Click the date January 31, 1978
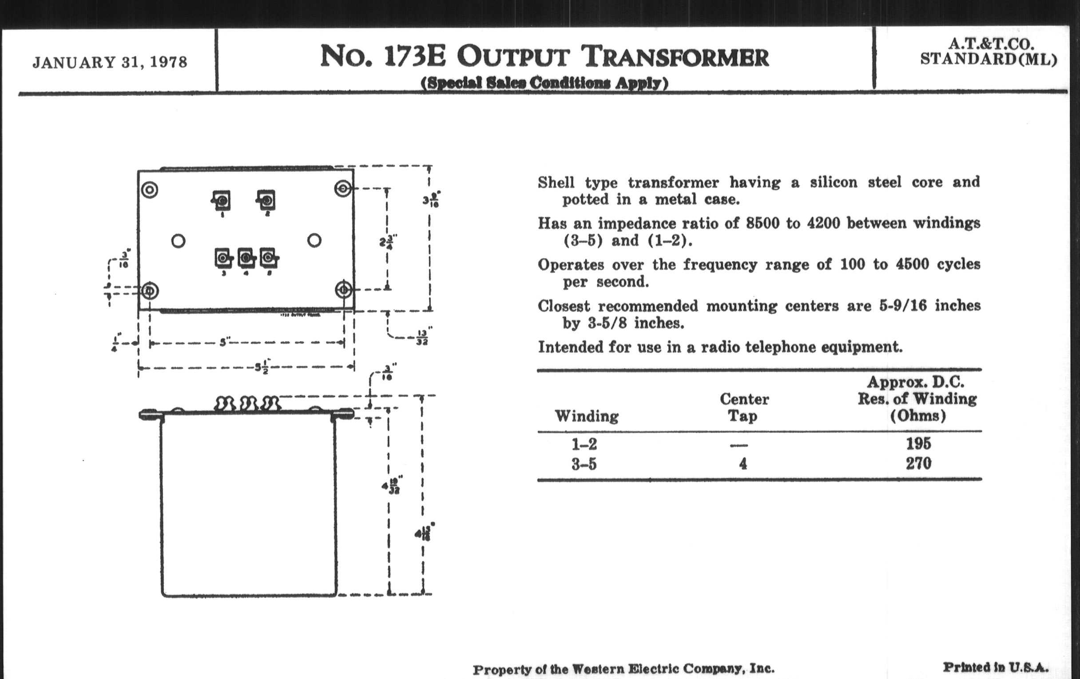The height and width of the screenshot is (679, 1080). coord(110,62)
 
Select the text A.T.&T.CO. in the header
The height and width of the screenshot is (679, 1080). coord(991,44)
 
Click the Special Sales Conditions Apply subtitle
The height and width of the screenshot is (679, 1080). coord(544,83)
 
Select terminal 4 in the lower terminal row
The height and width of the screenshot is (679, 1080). coord(246,258)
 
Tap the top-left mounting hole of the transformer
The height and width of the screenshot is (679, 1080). coord(150,190)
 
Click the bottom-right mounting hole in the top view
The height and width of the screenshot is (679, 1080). coord(344,290)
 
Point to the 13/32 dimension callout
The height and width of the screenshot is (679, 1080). coord(422,337)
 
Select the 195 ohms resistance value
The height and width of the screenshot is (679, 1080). coord(918,444)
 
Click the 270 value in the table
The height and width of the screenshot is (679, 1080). coord(918,463)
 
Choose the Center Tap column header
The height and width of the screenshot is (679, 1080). coord(744,407)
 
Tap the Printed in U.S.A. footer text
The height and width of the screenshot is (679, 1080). coord(995,667)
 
